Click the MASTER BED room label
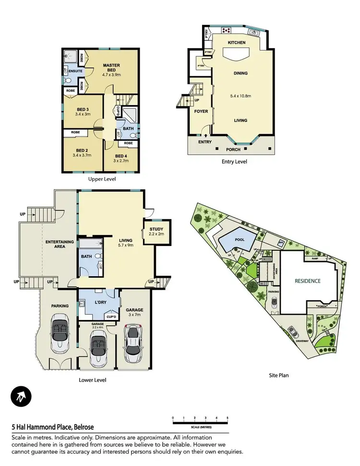coord(111,65)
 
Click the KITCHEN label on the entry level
coord(236,43)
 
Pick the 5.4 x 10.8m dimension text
coord(241,96)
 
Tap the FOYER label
coord(201,111)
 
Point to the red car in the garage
coord(133,343)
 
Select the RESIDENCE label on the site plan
coord(307,281)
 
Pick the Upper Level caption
coord(102,179)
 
